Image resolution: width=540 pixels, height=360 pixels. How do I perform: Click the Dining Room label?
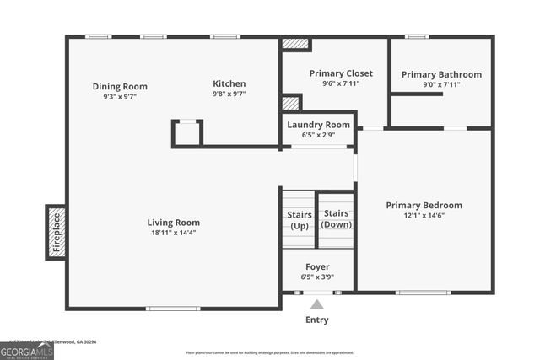119,86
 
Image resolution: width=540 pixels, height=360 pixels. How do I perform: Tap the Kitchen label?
229,83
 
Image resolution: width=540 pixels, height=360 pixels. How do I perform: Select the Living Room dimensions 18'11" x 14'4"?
175,233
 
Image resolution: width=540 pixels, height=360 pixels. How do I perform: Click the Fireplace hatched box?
56,232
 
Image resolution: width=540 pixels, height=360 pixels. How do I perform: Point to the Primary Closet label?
341,73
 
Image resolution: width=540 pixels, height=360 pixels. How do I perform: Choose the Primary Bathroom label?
441,74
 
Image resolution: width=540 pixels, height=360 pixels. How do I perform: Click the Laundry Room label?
318,125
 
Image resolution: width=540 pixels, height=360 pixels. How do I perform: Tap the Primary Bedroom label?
424,205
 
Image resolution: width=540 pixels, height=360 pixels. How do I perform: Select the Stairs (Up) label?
299,220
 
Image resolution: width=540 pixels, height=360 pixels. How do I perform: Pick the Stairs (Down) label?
337,218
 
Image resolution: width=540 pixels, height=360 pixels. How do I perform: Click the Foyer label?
317,266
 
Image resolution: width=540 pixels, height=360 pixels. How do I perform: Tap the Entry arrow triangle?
317,304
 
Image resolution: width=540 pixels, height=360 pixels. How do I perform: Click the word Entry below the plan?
317,320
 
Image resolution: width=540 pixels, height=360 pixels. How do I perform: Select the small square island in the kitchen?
187,133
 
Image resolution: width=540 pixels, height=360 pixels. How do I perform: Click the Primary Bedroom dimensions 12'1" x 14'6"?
424,216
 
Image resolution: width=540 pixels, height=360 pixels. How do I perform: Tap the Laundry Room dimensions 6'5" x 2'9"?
318,135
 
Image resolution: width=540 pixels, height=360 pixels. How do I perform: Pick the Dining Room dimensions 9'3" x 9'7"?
119,96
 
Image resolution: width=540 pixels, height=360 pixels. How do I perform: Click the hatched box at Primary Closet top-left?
296,43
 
